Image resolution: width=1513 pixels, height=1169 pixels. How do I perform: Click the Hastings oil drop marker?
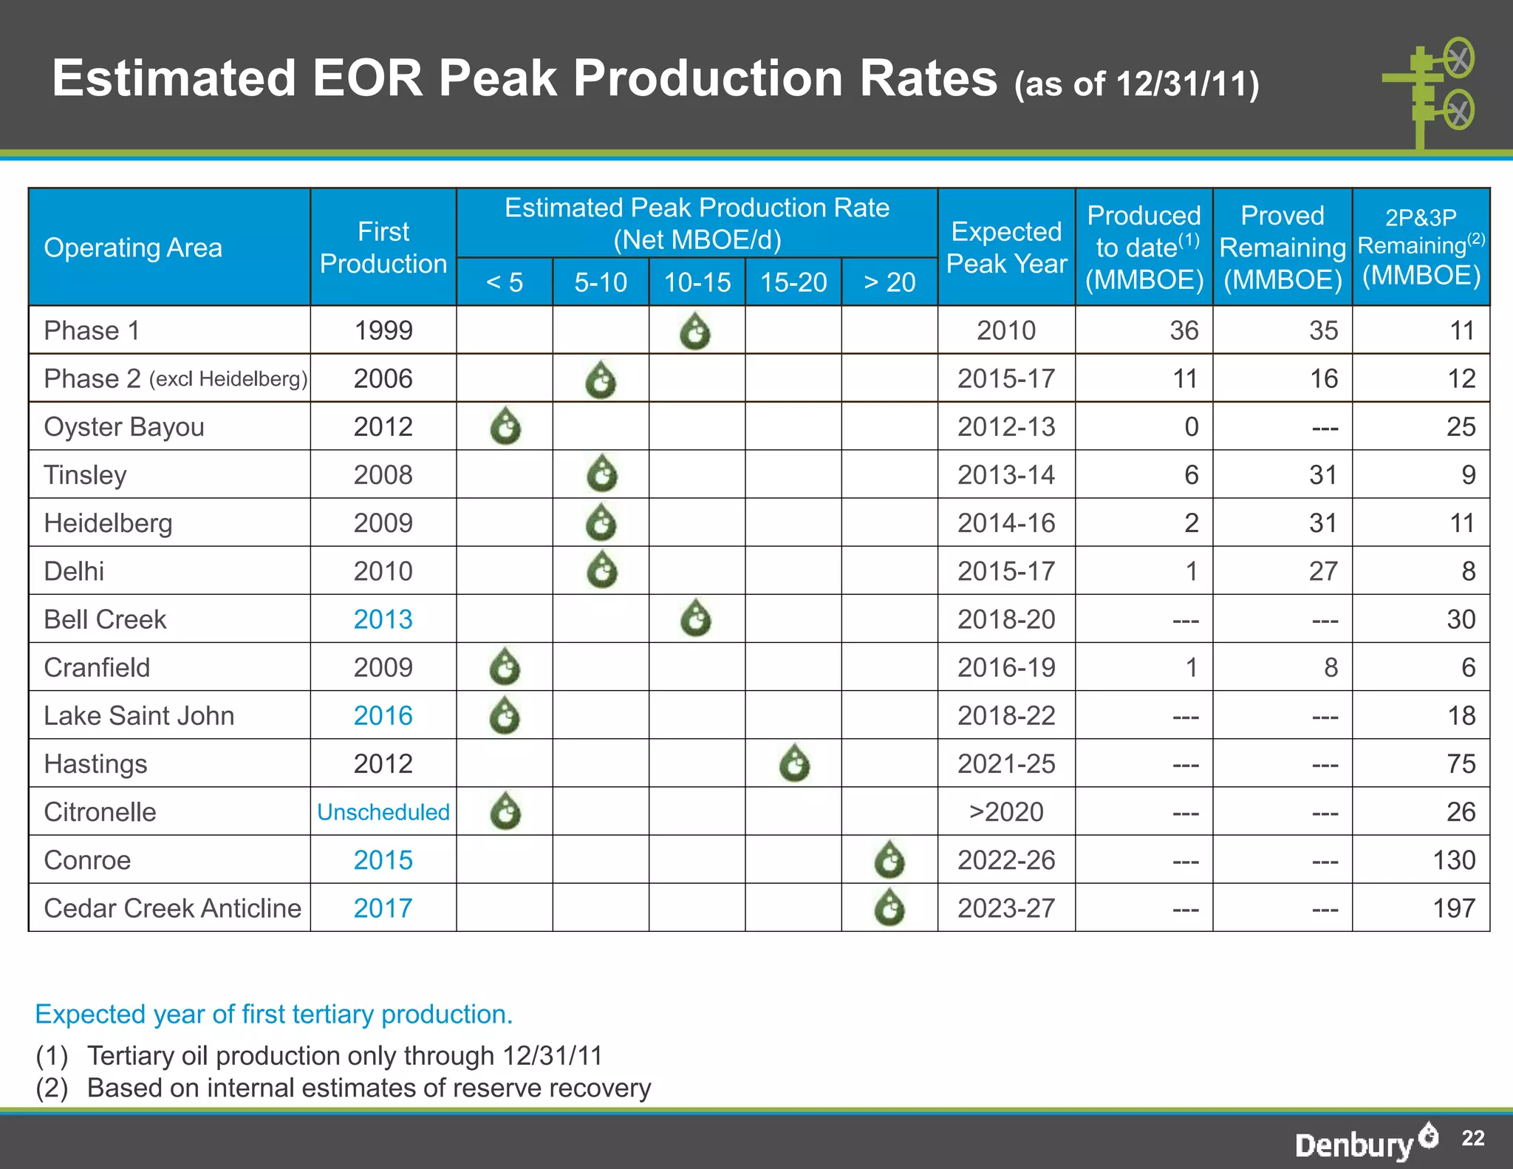[x=794, y=764]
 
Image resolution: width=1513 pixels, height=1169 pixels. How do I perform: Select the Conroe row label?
[x=87, y=860]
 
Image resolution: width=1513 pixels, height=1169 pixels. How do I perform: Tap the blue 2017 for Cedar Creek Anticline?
[x=383, y=908]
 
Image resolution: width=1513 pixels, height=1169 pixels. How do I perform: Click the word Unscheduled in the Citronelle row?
[x=383, y=812]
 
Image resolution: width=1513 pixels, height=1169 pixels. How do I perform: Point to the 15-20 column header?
[x=793, y=282]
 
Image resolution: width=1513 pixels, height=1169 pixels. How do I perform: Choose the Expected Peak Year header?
[x=1006, y=248]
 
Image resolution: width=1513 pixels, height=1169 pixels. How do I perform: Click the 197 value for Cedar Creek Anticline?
[x=1453, y=908]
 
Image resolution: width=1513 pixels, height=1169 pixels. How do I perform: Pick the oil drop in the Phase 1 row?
[x=695, y=331]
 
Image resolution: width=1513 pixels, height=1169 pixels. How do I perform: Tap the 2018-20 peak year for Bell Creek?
[x=1006, y=619]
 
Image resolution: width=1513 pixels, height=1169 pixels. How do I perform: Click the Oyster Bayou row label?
[x=124, y=427]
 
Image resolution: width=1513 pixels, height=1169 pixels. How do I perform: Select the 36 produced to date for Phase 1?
[x=1184, y=330]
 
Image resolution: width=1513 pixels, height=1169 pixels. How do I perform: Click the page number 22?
[x=1472, y=1138]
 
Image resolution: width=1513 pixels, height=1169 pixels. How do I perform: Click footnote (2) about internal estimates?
[x=344, y=1088]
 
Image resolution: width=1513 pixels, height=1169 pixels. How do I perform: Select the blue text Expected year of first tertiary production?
[x=273, y=1015]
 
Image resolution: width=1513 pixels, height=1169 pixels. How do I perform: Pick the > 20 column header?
[x=889, y=282]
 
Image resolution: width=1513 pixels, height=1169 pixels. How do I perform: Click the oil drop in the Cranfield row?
[x=505, y=667]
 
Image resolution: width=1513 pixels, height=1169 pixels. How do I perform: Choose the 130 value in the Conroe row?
[x=1453, y=860]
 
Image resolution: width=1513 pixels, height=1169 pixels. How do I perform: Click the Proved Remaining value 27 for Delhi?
[x=1323, y=571]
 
